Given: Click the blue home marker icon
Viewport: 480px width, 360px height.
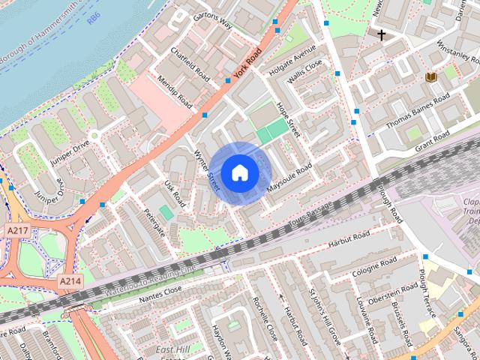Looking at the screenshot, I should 239,172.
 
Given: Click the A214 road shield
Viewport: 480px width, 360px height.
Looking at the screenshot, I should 70,280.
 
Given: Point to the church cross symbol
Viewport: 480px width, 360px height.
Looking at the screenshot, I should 381,34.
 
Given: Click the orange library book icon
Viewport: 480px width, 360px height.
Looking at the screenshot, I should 430,77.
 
